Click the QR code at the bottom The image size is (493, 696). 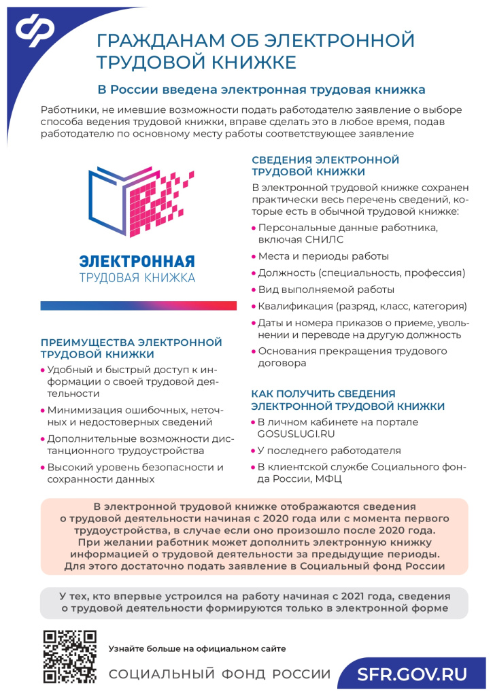tap(69, 657)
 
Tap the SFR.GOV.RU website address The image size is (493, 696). tap(413, 675)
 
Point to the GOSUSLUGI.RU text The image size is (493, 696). tap(296, 433)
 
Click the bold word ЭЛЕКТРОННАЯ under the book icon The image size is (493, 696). tap(137, 261)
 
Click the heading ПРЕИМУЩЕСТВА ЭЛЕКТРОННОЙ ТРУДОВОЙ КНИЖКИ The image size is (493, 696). tap(131, 348)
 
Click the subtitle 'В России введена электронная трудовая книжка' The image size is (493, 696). tap(262, 89)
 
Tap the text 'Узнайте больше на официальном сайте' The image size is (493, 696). tap(197, 648)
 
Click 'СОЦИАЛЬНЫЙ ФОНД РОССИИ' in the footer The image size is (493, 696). tap(220, 675)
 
